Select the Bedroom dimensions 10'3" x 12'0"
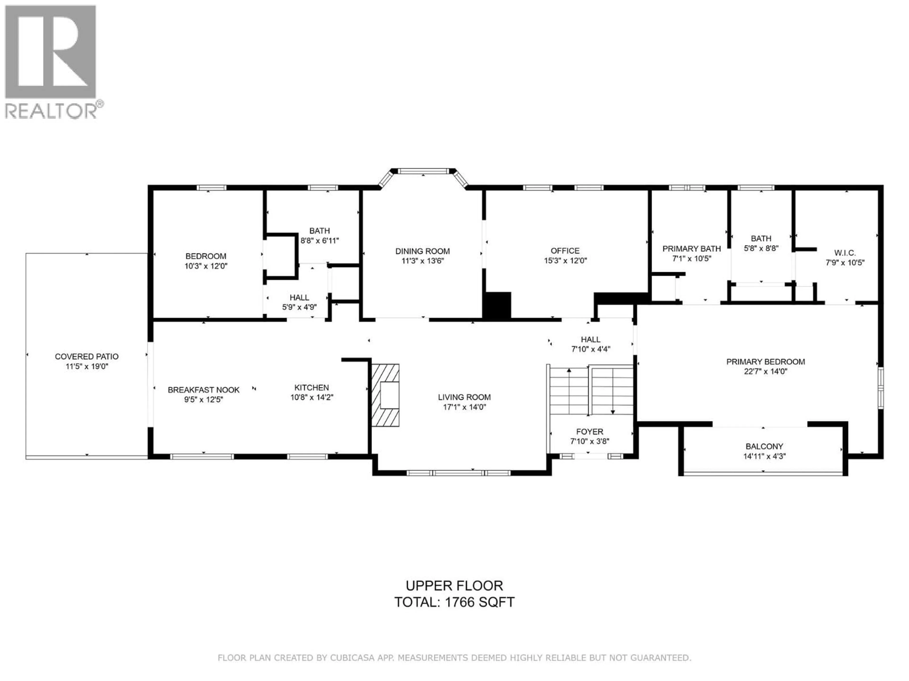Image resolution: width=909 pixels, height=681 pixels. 206,266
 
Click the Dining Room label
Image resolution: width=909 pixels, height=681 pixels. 423,251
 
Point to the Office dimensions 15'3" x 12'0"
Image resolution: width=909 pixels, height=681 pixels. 566,261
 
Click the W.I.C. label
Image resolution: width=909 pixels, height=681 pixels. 845,253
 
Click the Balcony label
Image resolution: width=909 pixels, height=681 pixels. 764,446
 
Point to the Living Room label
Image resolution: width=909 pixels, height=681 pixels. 464,397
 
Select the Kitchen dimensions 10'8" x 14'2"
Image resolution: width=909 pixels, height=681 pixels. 312,397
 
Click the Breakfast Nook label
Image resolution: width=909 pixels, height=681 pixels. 203,389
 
